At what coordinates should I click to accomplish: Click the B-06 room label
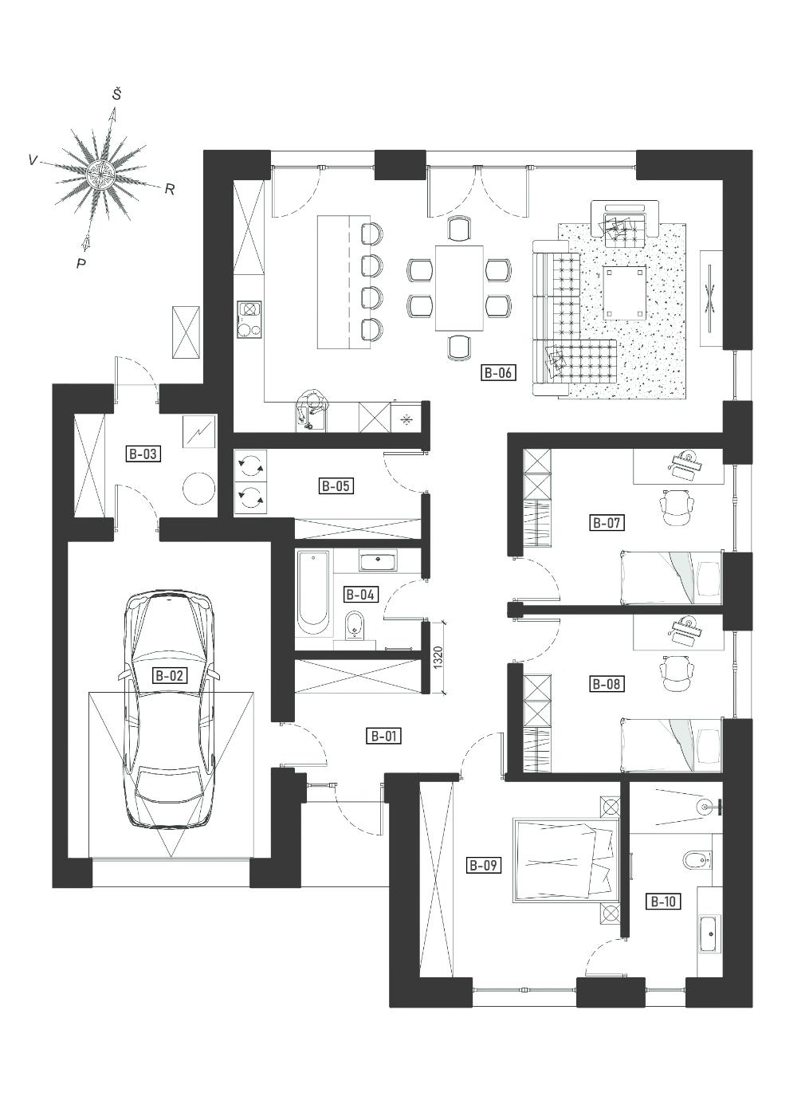click(498, 372)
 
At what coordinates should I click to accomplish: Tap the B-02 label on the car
click(170, 676)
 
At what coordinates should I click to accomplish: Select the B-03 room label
click(143, 454)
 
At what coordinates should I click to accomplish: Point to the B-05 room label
click(336, 485)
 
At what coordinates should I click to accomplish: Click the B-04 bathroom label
click(360, 595)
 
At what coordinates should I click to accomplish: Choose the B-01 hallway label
click(383, 736)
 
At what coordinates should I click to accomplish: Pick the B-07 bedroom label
click(607, 523)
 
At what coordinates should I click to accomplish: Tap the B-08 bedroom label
click(607, 684)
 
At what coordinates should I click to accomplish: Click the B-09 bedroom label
click(483, 865)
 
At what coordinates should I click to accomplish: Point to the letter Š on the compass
click(116, 95)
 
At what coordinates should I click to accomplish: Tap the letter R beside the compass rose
click(169, 190)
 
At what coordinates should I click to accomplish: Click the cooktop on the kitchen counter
click(249, 320)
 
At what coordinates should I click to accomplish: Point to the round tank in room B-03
click(199, 488)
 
